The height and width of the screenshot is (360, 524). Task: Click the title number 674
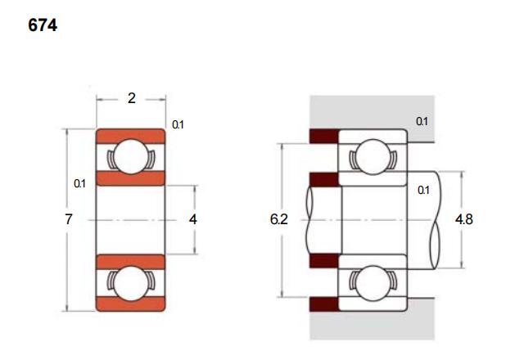(x=43, y=25)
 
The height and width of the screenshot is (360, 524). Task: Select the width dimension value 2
(x=132, y=98)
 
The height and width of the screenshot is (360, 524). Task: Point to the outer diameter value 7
(x=69, y=219)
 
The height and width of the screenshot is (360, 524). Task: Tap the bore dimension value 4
(x=193, y=219)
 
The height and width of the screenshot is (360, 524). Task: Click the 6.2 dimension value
(x=278, y=219)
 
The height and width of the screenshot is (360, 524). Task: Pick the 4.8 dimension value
(x=464, y=219)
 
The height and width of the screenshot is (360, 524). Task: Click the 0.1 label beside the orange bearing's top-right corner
(x=178, y=124)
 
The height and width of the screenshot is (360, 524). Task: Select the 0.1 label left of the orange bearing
(x=79, y=183)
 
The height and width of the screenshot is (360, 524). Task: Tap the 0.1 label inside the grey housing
(x=422, y=121)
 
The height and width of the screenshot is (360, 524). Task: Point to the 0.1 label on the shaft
(x=423, y=190)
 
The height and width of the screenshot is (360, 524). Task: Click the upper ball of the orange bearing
(x=131, y=156)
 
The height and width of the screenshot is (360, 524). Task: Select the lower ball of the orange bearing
(x=131, y=283)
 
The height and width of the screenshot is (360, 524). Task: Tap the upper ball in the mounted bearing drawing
(x=373, y=156)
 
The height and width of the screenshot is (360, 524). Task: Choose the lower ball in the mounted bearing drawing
(x=373, y=283)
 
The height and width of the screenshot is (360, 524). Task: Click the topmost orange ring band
(x=131, y=137)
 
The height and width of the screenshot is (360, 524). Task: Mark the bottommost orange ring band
(x=131, y=304)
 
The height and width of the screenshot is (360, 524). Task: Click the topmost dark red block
(x=324, y=137)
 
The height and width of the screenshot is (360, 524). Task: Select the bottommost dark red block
(x=324, y=304)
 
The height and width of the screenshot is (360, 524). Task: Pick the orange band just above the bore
(x=131, y=178)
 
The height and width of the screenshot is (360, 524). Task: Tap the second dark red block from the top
(x=324, y=179)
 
